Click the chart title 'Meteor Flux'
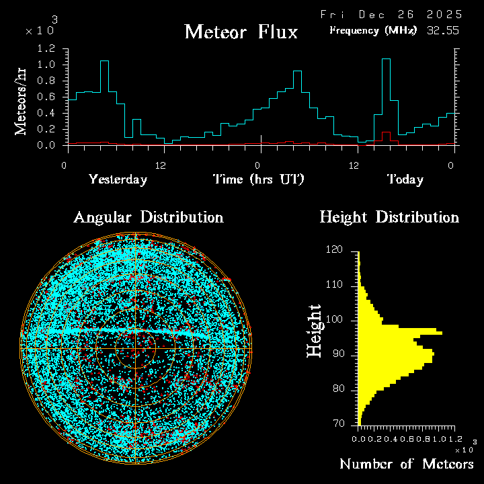coord(241,32)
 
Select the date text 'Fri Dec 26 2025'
coord(391,14)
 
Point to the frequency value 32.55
coord(444,30)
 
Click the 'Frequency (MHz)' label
coord(373,30)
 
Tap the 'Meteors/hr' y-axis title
coord(22,102)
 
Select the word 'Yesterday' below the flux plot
coord(118,179)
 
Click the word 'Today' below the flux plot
coord(405,179)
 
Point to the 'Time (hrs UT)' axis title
coord(259,179)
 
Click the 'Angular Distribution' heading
coord(149,217)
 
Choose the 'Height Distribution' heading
coord(389,217)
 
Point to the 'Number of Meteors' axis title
coord(406,465)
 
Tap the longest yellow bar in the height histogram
coord(401,333)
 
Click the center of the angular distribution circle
coord(136,349)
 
